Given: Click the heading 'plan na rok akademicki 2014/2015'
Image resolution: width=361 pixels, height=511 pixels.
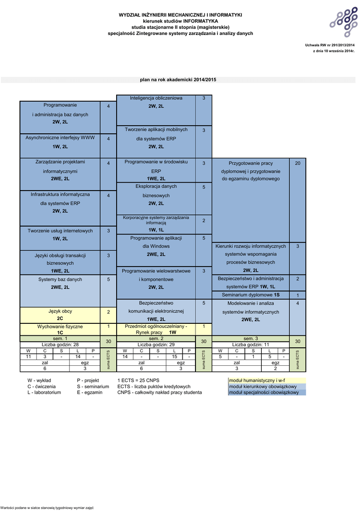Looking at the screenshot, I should pos(178,80).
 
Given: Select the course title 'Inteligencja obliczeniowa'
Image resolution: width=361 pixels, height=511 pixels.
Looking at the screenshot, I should pos(156,98).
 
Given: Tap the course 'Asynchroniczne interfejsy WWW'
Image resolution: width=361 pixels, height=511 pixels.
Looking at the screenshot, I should pos(60,138).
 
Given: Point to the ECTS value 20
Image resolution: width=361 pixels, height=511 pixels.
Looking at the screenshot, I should pos(298,163).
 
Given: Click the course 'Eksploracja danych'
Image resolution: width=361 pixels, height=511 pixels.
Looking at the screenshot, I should pos(156,187).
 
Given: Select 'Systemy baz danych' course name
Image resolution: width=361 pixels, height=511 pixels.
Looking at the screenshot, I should pos(60,279).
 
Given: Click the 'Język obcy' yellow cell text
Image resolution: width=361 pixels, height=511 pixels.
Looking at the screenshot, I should pos(60,311).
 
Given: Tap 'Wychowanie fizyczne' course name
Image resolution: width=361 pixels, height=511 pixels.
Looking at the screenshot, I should pos(60,326).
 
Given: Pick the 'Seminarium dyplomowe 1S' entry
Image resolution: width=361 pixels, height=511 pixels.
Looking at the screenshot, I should pos(250,295).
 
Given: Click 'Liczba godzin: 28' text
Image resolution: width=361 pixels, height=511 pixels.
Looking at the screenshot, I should pos(60,344).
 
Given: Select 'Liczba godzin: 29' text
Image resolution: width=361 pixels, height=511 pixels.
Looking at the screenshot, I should pos(156,344).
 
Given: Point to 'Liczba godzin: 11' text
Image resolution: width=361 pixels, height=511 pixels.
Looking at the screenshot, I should pos(250,344).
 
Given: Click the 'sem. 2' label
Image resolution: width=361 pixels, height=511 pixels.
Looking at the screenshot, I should pos(156,339).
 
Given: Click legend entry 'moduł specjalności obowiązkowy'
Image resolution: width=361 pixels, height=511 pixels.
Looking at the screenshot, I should pos(264,392).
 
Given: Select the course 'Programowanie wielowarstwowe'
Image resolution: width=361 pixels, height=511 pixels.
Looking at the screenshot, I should pos(156,271).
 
